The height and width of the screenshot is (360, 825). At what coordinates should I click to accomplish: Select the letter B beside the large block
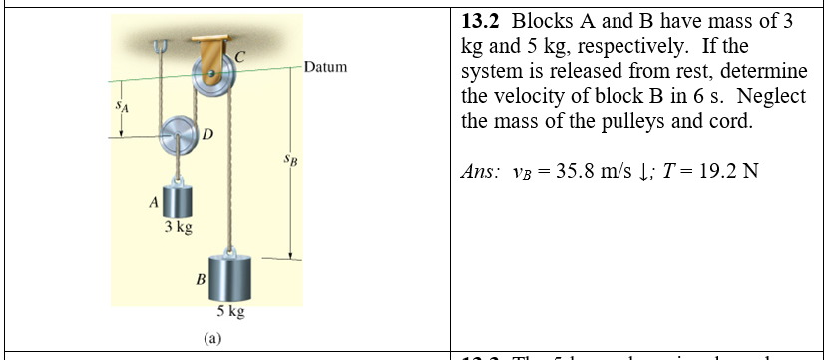[x=201, y=281]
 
